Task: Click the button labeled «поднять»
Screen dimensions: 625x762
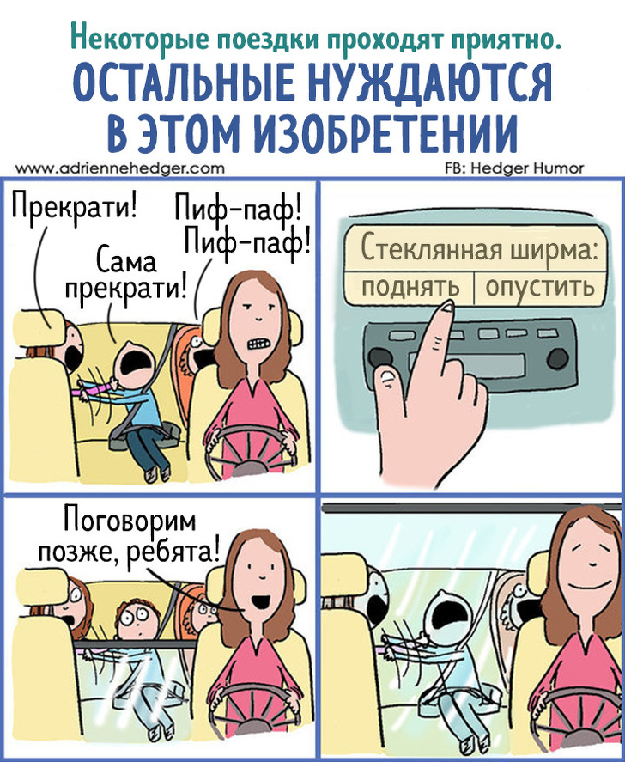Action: point(409,288)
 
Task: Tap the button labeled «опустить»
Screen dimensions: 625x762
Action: point(539,288)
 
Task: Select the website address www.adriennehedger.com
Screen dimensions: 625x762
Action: point(120,168)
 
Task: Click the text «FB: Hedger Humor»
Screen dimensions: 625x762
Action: point(514,168)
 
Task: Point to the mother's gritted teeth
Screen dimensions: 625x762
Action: point(257,344)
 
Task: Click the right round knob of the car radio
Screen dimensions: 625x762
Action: point(557,358)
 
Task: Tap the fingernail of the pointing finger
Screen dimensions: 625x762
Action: point(446,307)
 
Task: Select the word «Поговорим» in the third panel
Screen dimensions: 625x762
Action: point(130,522)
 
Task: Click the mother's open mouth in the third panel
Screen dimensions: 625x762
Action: point(262,600)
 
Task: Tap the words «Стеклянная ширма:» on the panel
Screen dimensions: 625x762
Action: point(479,249)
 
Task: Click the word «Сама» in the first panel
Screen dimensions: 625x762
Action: point(126,261)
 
